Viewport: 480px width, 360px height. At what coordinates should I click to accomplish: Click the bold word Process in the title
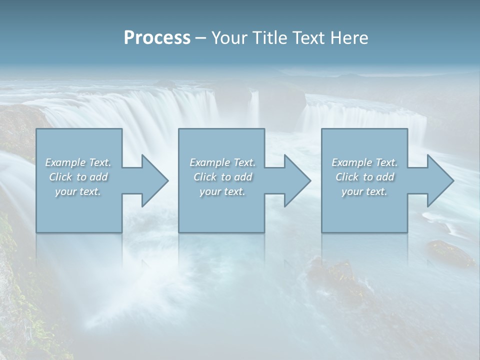(x=157, y=38)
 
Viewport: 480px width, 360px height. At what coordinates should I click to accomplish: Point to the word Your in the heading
(x=229, y=38)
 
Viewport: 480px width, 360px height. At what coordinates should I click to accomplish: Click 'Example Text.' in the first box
(x=78, y=162)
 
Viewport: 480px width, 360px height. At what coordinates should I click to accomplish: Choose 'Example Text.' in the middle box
(x=222, y=162)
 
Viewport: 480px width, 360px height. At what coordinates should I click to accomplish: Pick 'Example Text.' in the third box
(x=364, y=162)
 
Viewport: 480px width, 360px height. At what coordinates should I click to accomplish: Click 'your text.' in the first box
(x=78, y=191)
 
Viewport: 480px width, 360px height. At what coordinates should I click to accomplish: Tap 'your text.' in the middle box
(x=222, y=191)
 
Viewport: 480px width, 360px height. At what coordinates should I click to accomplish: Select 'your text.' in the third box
(x=364, y=191)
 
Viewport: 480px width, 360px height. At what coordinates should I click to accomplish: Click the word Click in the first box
(x=60, y=177)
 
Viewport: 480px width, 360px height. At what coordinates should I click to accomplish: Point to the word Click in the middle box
(x=205, y=177)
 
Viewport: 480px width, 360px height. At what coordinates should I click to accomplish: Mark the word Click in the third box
(x=347, y=177)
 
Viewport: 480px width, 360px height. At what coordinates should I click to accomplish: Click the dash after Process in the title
(x=201, y=38)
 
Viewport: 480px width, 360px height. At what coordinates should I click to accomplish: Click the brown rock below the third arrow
(x=449, y=253)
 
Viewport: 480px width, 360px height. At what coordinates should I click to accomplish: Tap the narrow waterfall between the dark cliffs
(x=254, y=107)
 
